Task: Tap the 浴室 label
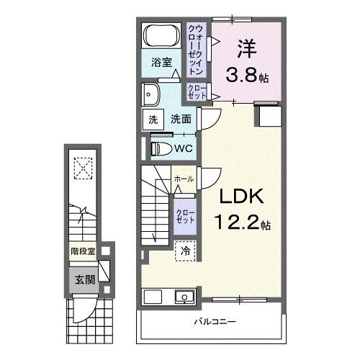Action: (161, 63)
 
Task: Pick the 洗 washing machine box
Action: (153, 120)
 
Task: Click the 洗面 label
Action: (181, 120)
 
